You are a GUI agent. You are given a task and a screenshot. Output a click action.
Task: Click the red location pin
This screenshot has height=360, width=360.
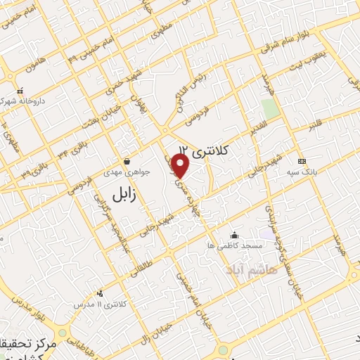coord(181,166)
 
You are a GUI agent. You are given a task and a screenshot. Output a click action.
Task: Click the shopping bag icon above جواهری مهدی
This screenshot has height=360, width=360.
coord(127,161)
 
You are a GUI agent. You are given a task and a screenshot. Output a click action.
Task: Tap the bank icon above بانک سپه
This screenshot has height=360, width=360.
coord(302,161)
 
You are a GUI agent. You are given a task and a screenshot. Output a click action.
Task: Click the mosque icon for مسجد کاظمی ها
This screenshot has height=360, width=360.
coord(234,235)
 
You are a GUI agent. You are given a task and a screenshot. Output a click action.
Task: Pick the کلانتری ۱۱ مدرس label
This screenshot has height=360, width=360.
coord(99,303)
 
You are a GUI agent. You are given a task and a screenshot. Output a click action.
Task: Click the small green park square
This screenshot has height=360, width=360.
coord(269,108)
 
